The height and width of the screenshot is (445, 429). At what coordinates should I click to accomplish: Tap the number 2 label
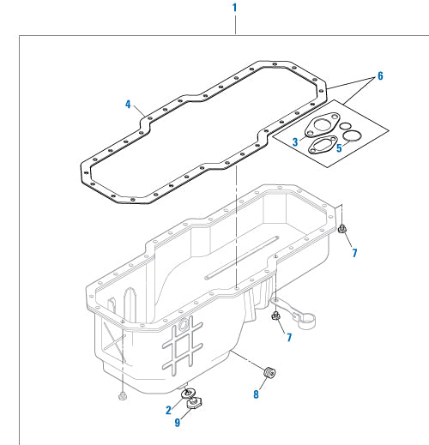tap(169, 410)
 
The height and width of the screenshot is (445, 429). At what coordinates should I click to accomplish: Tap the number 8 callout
tap(255, 394)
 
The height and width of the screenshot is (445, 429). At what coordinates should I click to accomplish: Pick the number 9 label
tap(178, 422)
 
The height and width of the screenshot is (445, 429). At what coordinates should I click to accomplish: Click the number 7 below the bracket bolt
tap(289, 338)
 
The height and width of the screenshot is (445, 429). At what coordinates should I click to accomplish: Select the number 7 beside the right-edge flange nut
tap(354, 253)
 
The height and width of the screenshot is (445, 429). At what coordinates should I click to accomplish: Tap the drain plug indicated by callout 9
tap(195, 402)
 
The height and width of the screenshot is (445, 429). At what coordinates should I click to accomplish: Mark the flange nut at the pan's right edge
tap(342, 229)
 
